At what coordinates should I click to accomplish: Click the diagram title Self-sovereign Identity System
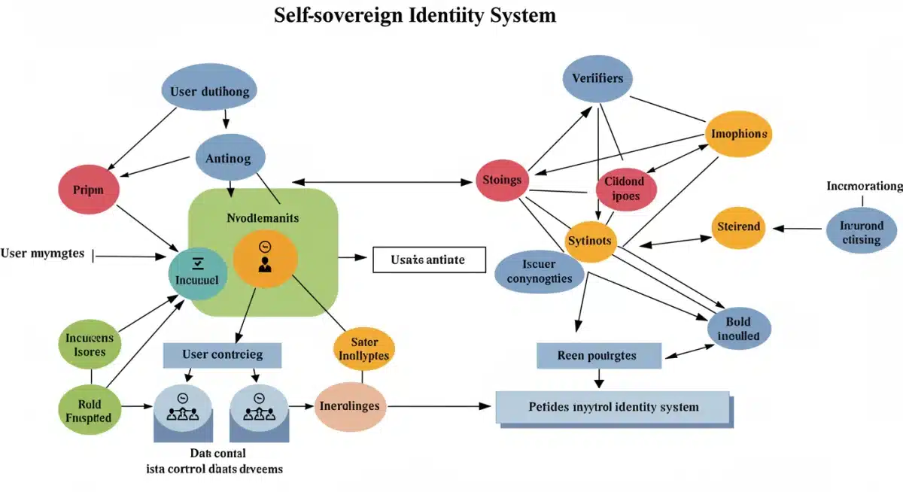[x=415, y=15]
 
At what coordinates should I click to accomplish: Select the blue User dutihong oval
[x=209, y=93]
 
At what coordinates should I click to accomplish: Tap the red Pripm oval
[x=89, y=190]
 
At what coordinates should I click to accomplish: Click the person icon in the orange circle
[x=264, y=264]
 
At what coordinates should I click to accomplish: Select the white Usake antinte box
[x=427, y=260]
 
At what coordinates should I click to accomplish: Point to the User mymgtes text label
[x=43, y=254]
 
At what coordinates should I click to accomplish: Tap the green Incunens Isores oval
[x=90, y=344]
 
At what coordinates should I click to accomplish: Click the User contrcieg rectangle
[x=222, y=354]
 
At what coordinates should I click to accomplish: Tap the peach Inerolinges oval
[x=351, y=406]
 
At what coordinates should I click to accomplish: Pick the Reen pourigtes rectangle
[x=598, y=355]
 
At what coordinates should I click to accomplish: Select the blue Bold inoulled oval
[x=739, y=329]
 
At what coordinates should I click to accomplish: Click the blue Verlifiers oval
[x=597, y=79]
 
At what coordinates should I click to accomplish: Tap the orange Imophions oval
[x=740, y=134]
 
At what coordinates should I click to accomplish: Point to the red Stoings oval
[x=503, y=181]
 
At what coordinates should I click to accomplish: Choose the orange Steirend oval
[x=739, y=226]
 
